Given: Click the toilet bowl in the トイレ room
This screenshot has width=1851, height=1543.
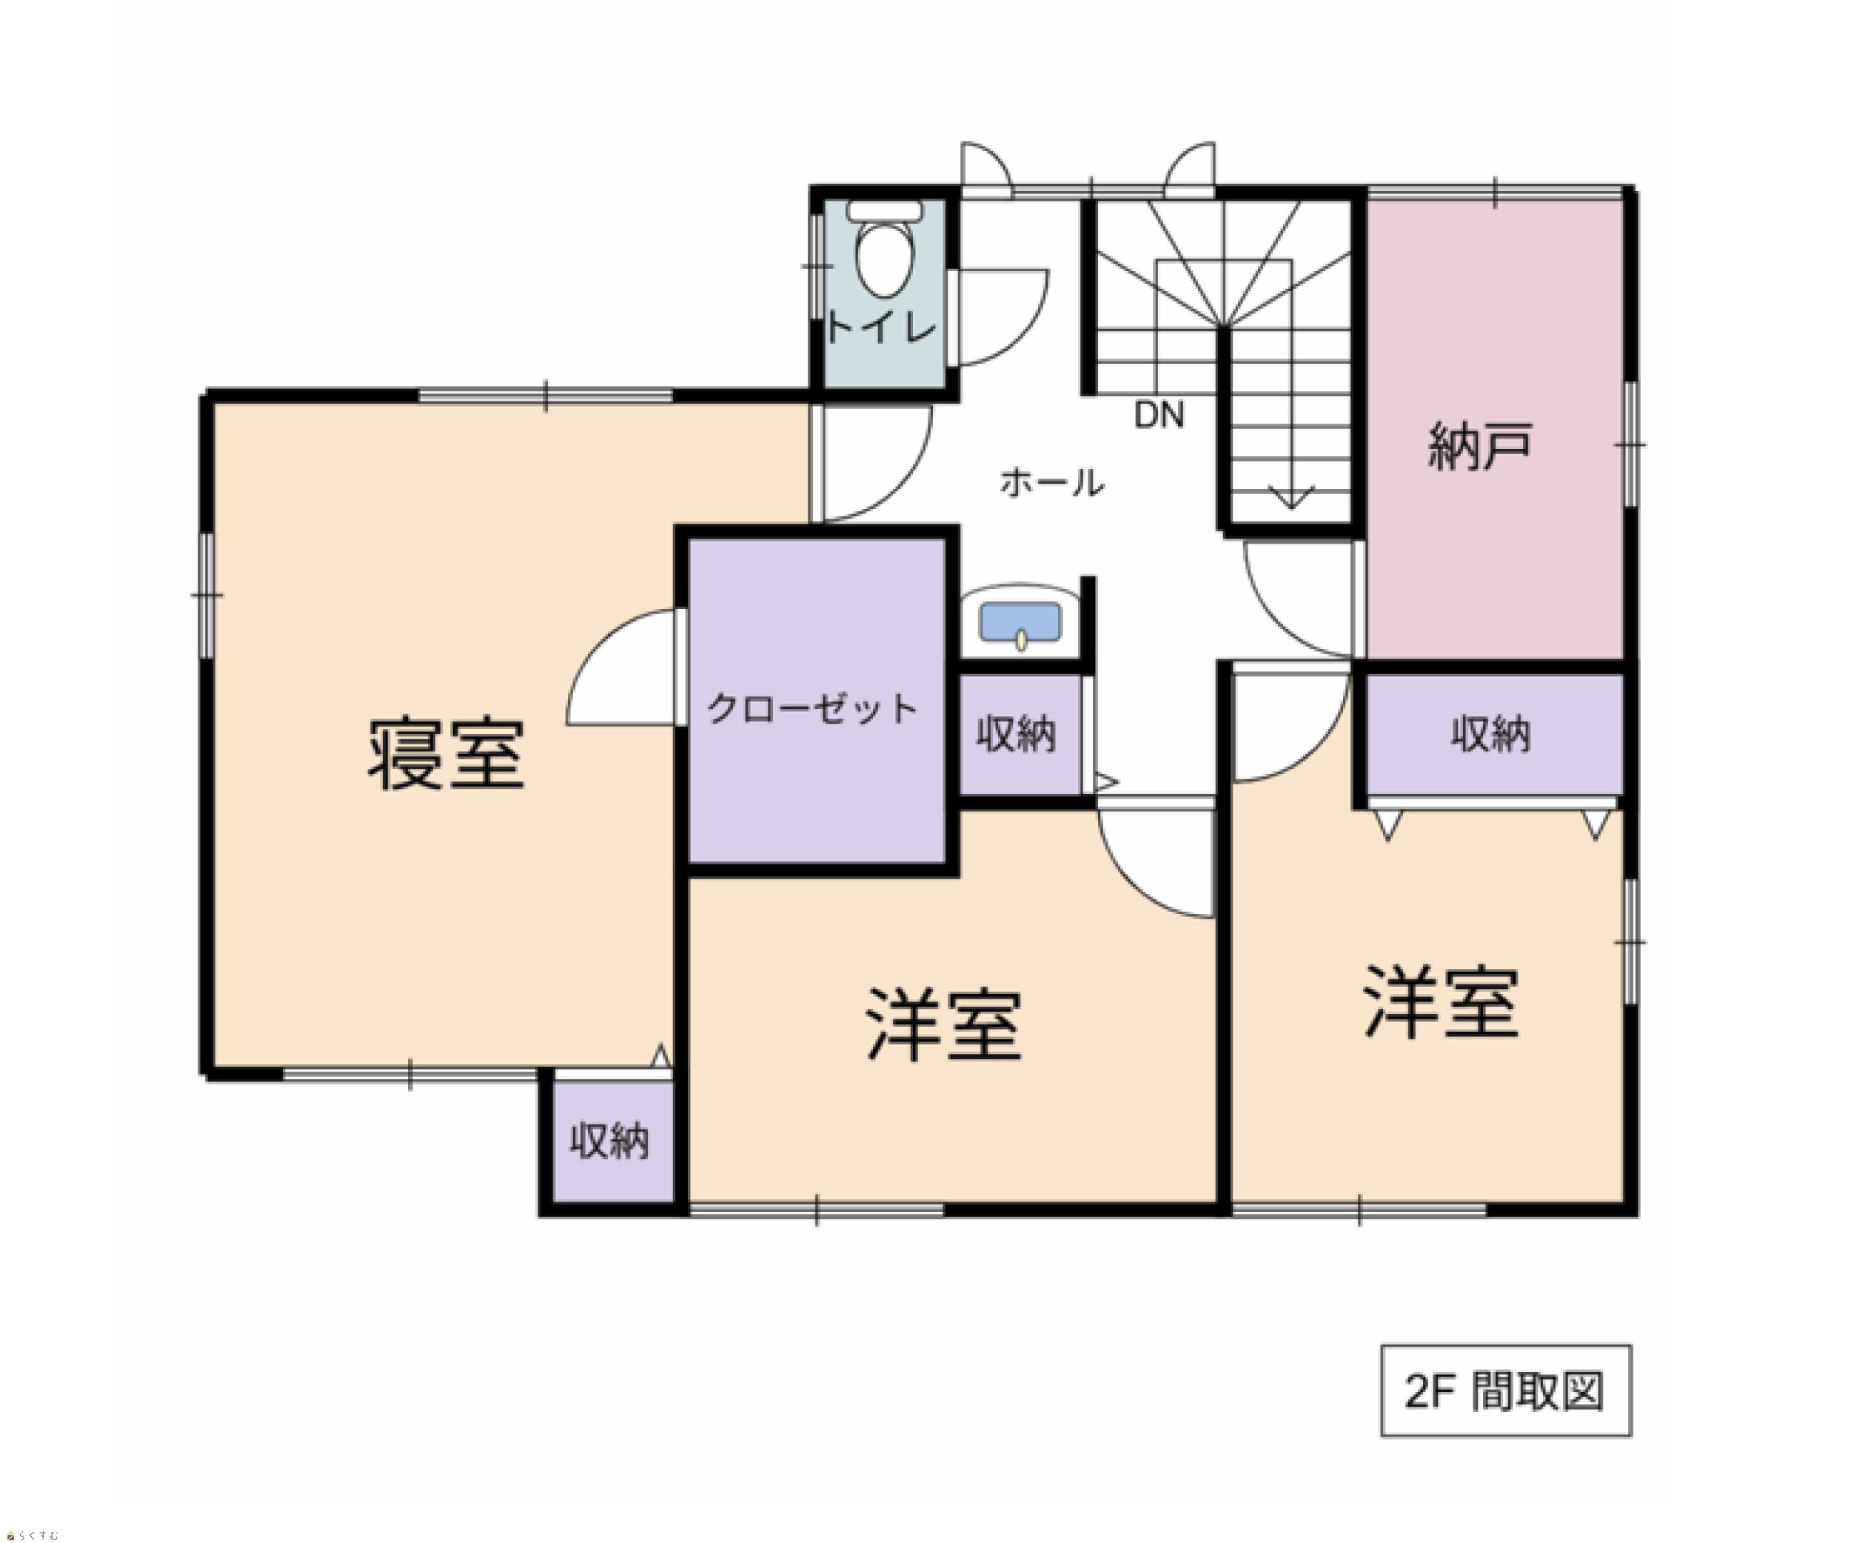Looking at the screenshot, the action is pyautogui.click(x=885, y=259).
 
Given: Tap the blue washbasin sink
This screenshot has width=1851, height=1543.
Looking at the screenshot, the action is pyautogui.click(x=1021, y=624).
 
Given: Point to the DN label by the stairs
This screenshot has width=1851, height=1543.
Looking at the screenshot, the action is pyautogui.click(x=1158, y=414).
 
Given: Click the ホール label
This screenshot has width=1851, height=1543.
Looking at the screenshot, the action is pyautogui.click(x=1051, y=482).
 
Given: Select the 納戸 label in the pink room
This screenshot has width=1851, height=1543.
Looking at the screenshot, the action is pyautogui.click(x=1480, y=446).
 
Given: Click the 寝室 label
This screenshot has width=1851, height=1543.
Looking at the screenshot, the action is pyautogui.click(x=446, y=754).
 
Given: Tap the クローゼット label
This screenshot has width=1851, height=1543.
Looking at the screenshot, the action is pyautogui.click(x=811, y=708).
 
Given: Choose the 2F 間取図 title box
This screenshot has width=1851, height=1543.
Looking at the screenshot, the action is pyautogui.click(x=1505, y=1390).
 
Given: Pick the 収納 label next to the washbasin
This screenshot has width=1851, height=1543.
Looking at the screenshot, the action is pyautogui.click(x=1015, y=733).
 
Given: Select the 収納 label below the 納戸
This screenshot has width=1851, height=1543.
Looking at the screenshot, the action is pyautogui.click(x=1490, y=733).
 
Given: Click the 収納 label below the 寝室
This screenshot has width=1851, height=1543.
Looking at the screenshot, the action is pyautogui.click(x=609, y=1141).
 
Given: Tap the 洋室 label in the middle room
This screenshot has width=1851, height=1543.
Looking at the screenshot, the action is pyautogui.click(x=944, y=1024).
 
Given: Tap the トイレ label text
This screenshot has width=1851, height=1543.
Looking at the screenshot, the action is pyautogui.click(x=880, y=328).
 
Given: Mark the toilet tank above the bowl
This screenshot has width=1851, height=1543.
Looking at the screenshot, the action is pyautogui.click(x=885, y=210).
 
